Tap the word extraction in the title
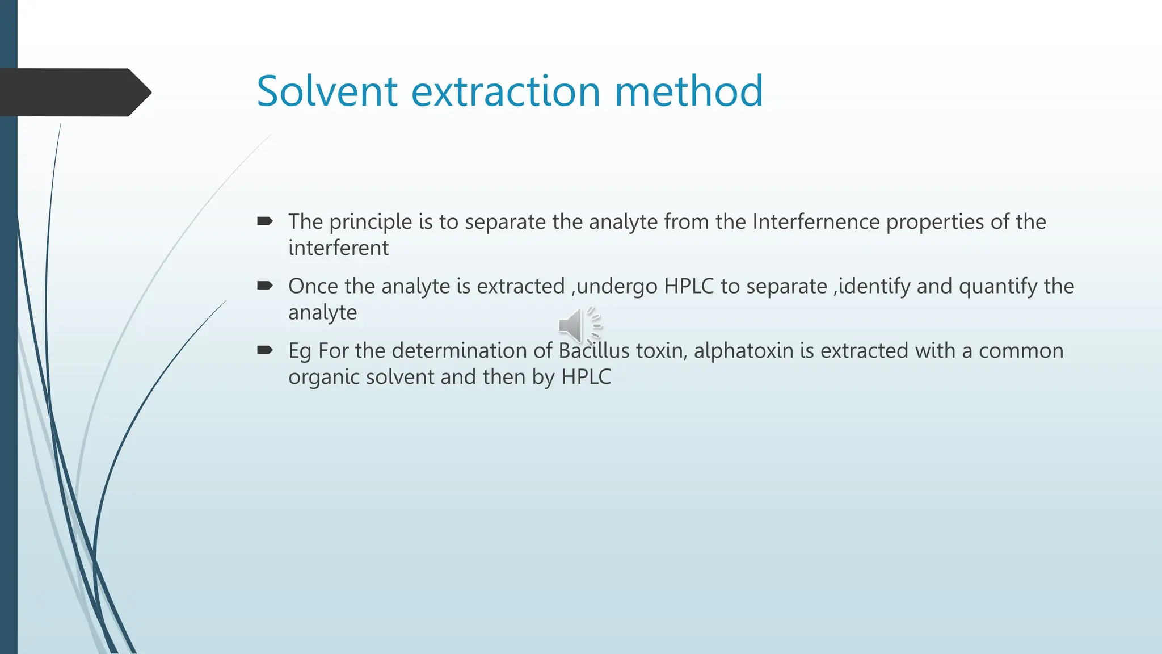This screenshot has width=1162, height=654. [505, 91]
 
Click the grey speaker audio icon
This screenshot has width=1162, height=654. [578, 326]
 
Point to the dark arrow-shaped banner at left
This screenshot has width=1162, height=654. [74, 93]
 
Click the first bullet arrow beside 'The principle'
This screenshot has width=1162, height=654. [265, 221]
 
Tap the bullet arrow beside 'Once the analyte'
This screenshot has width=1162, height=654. [265, 286]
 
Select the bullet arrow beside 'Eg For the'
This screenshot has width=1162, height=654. [265, 350]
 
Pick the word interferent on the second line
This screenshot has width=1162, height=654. [338, 248]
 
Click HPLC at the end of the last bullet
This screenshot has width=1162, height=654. [586, 377]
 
